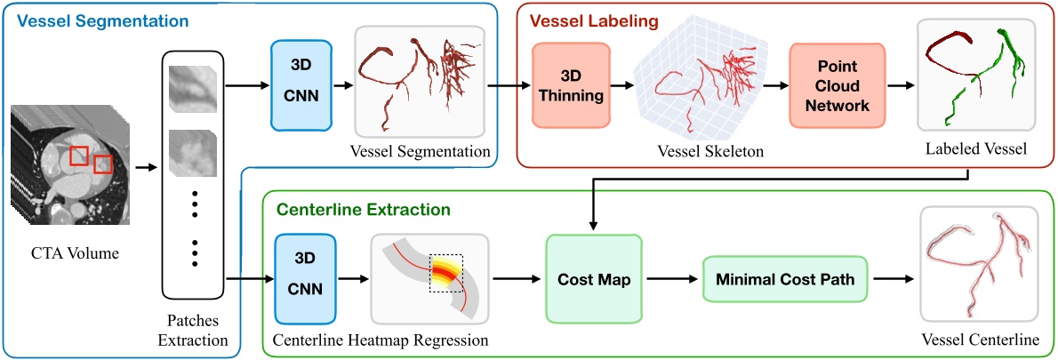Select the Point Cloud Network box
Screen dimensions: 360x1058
838,87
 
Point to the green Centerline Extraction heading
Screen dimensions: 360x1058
364,211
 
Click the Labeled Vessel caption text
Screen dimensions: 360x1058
974,149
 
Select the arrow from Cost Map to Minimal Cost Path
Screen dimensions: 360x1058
674,279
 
